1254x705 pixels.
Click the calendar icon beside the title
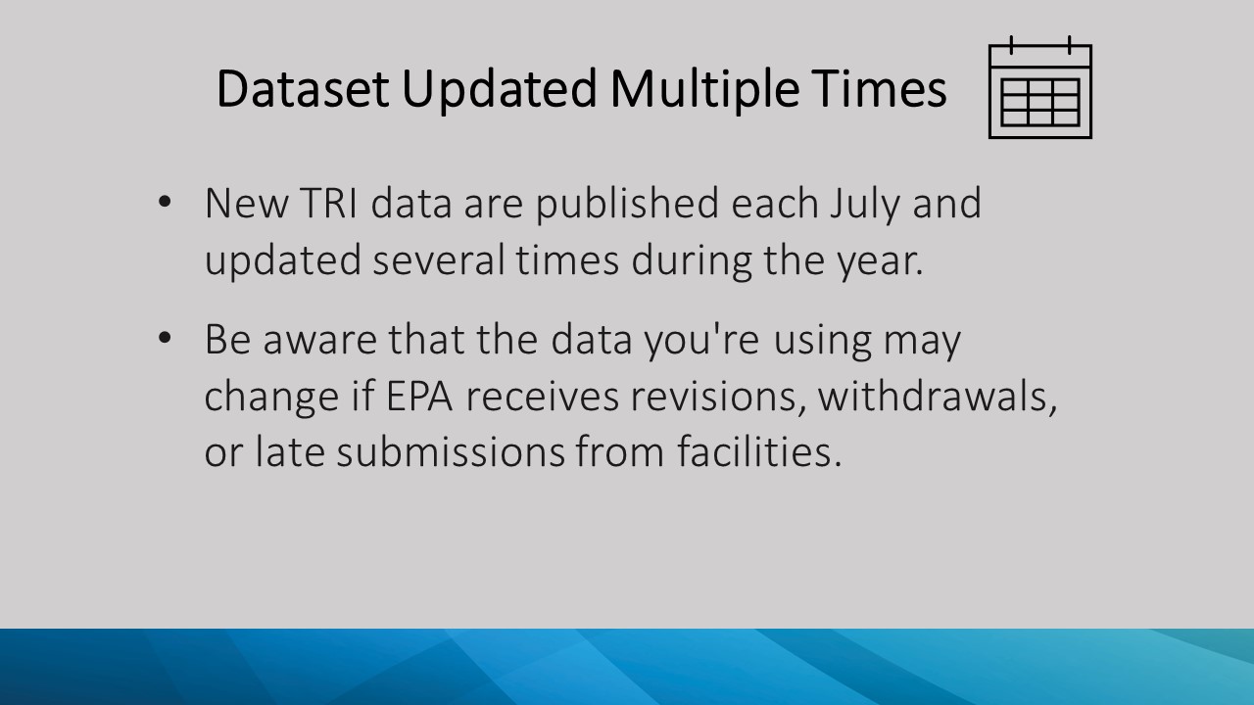click(x=1039, y=88)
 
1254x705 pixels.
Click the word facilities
click(x=758, y=452)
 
